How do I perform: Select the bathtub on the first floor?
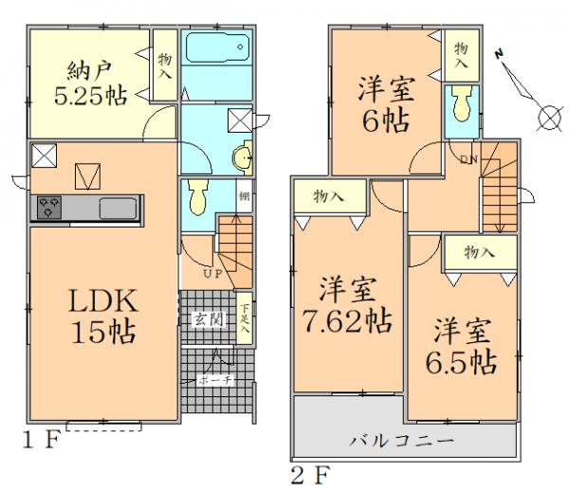point(215,47)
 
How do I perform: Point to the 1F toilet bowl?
point(196,197)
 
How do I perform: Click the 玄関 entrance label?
point(210,319)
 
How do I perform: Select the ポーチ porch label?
point(211,380)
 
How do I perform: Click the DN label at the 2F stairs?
point(468,158)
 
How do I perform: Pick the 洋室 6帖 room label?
point(383,107)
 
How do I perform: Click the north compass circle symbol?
point(548,118)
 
